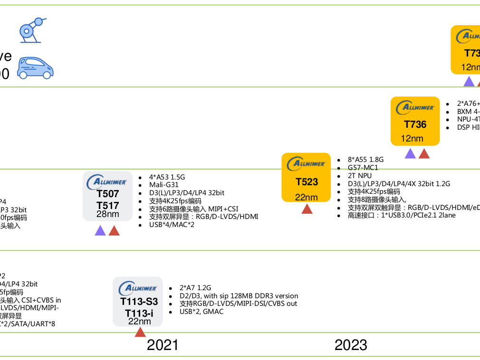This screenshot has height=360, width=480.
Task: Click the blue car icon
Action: point(35,68)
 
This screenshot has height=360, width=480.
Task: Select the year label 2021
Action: point(163,345)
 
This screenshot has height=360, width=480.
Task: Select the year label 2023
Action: point(351,345)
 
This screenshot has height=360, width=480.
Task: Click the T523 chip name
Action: point(307,182)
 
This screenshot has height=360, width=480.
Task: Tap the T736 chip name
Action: point(415,124)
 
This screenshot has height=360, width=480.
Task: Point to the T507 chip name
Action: point(108,194)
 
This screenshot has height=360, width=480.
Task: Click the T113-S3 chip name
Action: point(138,302)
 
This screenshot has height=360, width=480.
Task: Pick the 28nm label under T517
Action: point(108,214)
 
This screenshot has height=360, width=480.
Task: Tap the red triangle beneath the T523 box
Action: point(307,209)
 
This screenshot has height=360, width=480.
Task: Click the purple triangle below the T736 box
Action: point(410,154)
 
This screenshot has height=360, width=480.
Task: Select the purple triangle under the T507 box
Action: point(100,231)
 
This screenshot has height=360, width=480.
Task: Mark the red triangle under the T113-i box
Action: point(140,332)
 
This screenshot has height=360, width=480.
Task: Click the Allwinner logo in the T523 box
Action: point(307,164)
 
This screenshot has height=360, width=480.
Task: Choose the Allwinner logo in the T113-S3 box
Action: point(138,288)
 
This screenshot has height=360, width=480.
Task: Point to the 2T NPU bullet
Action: point(360,176)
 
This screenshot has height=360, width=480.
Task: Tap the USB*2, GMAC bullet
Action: point(201,312)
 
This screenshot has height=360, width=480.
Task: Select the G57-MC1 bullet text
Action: point(363,168)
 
